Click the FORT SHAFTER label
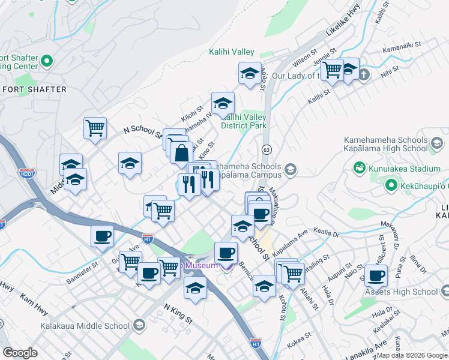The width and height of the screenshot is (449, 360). pyautogui.click(x=34, y=89)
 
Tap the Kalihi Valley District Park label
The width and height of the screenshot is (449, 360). pyautogui.click(x=244, y=121)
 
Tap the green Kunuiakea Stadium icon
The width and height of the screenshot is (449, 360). pyautogui.click(x=360, y=166)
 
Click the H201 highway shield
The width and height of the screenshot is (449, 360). pyautogui.click(x=26, y=173)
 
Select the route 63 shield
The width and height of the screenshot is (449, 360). pyautogui.click(x=267, y=148)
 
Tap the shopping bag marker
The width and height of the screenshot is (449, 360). pyautogui.click(x=181, y=153)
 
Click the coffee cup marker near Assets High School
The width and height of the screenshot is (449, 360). pyautogui.click(x=376, y=276)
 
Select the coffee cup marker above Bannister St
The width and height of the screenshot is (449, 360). pyautogui.click(x=102, y=235)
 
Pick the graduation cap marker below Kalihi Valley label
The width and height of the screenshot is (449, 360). pyautogui.click(x=250, y=74)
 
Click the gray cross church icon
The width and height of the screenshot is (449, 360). pyautogui.click(x=365, y=75)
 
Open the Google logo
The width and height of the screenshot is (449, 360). pyautogui.click(x=20, y=353)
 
